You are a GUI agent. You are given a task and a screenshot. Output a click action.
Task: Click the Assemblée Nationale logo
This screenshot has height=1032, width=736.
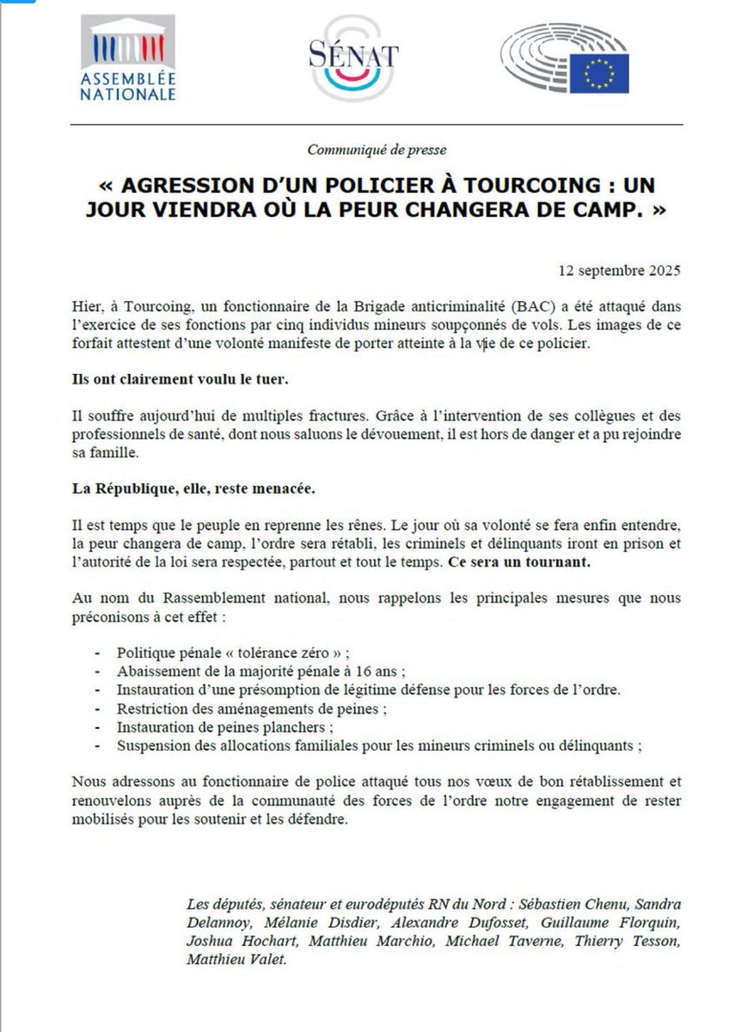point(128,58)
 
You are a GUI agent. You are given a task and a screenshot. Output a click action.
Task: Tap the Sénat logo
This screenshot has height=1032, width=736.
point(353,58)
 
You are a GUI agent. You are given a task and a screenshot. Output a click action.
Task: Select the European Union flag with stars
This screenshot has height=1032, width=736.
point(599,73)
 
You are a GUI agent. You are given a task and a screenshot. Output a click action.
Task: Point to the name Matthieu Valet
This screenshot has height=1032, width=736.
point(227,959)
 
